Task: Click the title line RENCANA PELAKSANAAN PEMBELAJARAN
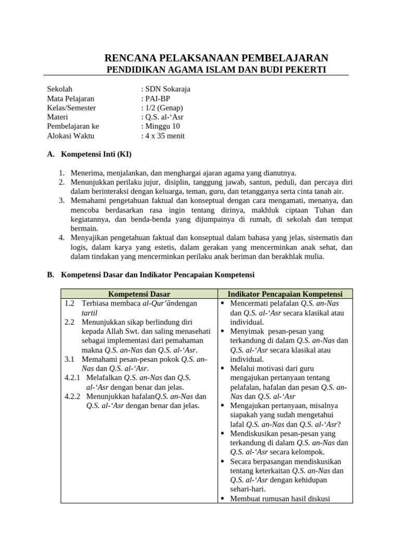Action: click(217, 58)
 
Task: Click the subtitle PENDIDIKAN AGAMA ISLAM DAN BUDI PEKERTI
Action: click(216, 70)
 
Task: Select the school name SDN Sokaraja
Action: click(167, 89)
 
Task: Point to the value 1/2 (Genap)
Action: click(163, 108)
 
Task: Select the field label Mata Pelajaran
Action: click(71, 98)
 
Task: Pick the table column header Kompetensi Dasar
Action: click(139, 294)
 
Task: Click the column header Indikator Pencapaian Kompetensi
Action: click(285, 294)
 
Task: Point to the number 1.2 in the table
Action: click(70, 303)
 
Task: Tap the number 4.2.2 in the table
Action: click(73, 396)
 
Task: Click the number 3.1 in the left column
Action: click(70, 359)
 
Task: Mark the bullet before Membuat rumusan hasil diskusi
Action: click(222, 499)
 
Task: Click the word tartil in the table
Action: click(90, 313)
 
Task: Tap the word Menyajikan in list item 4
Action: click(90, 238)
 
